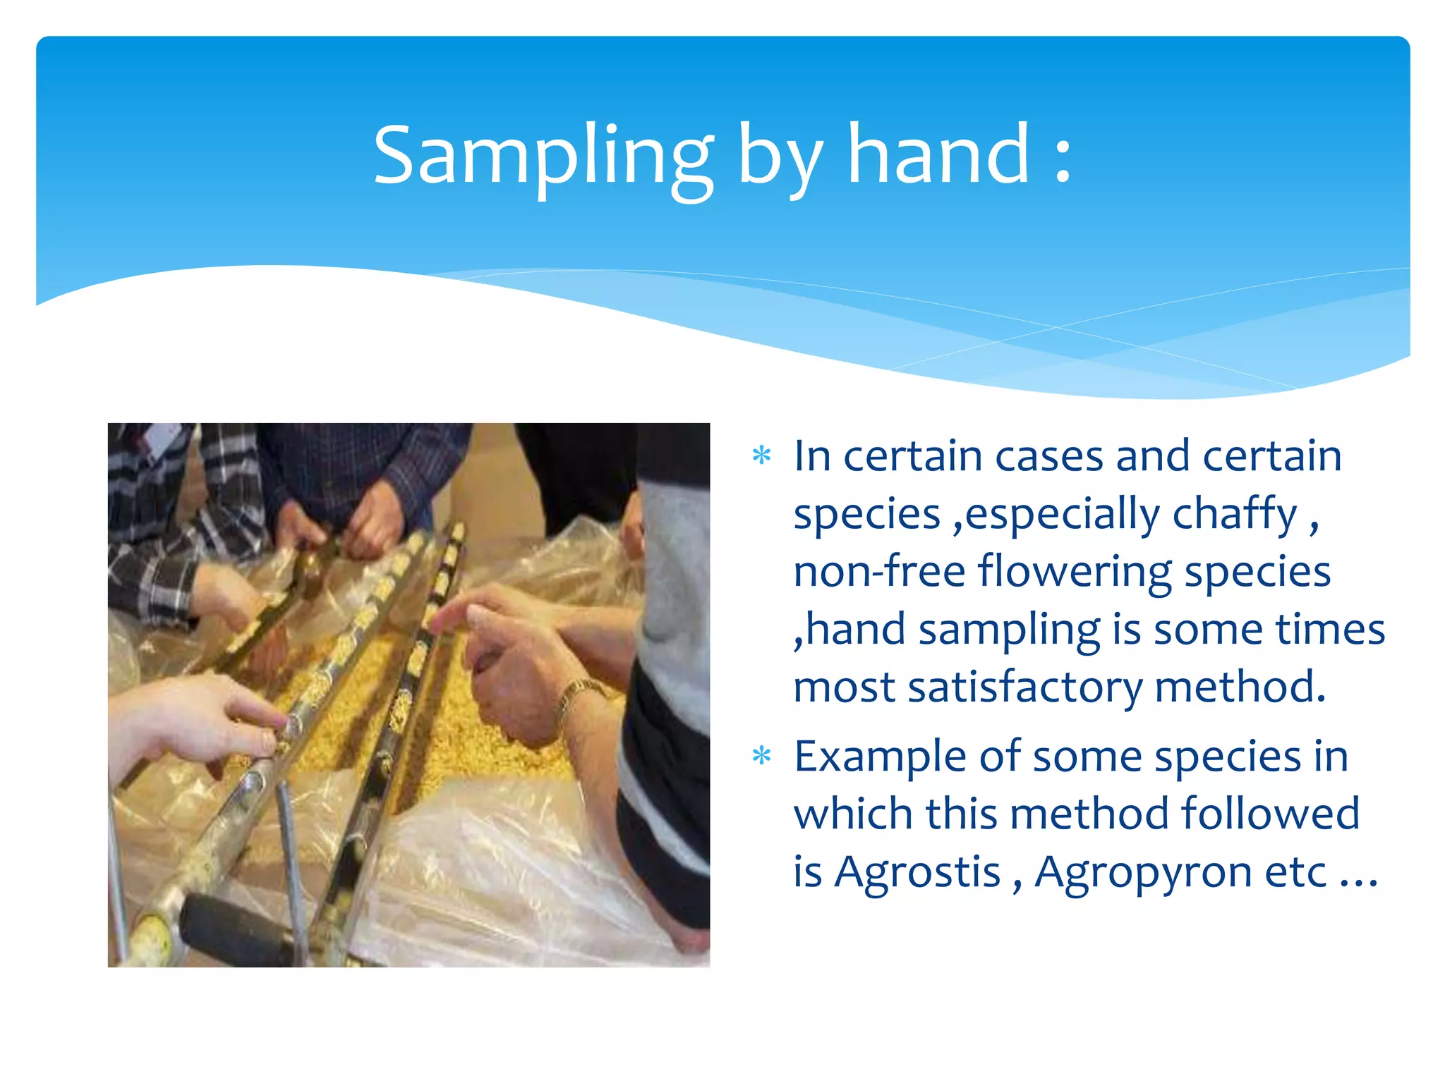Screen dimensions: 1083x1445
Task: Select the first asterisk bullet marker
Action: pyautogui.click(x=761, y=456)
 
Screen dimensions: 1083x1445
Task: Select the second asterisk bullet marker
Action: pyautogui.click(x=761, y=757)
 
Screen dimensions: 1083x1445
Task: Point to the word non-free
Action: pyautogui.click(x=878, y=570)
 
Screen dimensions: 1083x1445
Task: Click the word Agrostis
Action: pyautogui.click(x=917, y=873)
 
